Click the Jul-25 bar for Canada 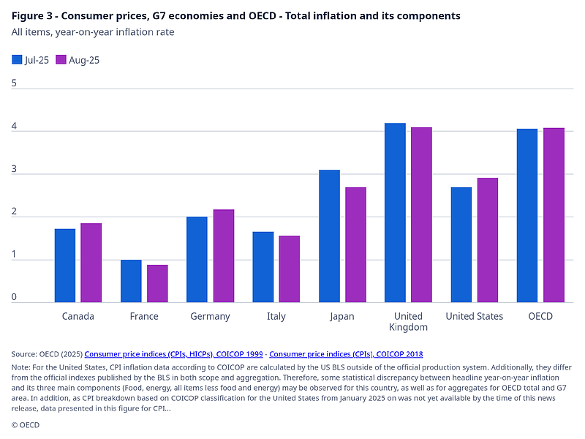click(x=65, y=266)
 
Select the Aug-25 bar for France click(x=157, y=283)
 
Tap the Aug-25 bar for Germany click(x=223, y=256)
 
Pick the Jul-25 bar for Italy click(x=263, y=267)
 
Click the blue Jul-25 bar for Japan click(x=329, y=236)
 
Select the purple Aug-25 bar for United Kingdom click(x=421, y=215)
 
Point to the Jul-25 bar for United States click(x=461, y=245)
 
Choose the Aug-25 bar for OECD click(x=554, y=215)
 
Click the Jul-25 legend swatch click(x=17, y=60)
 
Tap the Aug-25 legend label click(x=84, y=60)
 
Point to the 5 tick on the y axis click(x=14, y=83)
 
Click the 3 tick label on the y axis click(x=14, y=169)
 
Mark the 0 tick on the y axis click(x=14, y=297)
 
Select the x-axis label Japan click(x=341, y=316)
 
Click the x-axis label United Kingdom click(x=408, y=321)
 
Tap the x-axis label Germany click(x=210, y=316)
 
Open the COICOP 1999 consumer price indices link click(x=173, y=353)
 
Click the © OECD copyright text click(x=26, y=424)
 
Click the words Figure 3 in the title click(x=30, y=15)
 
